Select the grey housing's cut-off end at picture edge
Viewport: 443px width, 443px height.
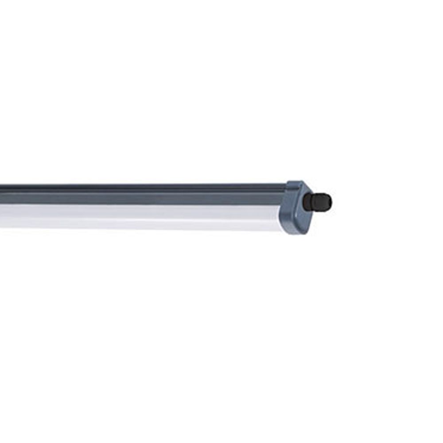(x=1, y=194)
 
